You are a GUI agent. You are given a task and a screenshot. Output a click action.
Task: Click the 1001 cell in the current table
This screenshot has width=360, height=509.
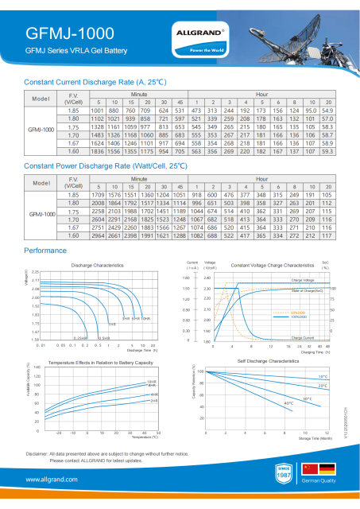pyautogui.click(x=98, y=110)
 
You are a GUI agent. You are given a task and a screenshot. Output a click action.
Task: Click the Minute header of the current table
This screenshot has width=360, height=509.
pyautogui.click(x=139, y=94)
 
